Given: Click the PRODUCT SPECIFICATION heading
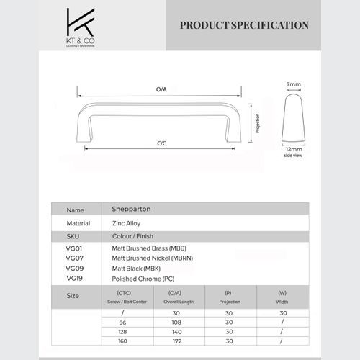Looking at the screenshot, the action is [x=244, y=25].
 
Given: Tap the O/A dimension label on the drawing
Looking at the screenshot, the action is [x=161, y=89].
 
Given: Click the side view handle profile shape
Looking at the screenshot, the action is [x=292, y=117].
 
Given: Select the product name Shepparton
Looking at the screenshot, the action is [x=131, y=210].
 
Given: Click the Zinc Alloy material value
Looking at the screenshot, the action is [x=126, y=223].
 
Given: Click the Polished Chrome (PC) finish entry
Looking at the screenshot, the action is [x=143, y=277].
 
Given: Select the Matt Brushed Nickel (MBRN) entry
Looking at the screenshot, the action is [x=152, y=257].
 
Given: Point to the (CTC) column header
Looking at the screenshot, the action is [x=123, y=293].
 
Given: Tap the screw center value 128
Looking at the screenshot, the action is [x=123, y=333].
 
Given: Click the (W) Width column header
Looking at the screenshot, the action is [x=282, y=297].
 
